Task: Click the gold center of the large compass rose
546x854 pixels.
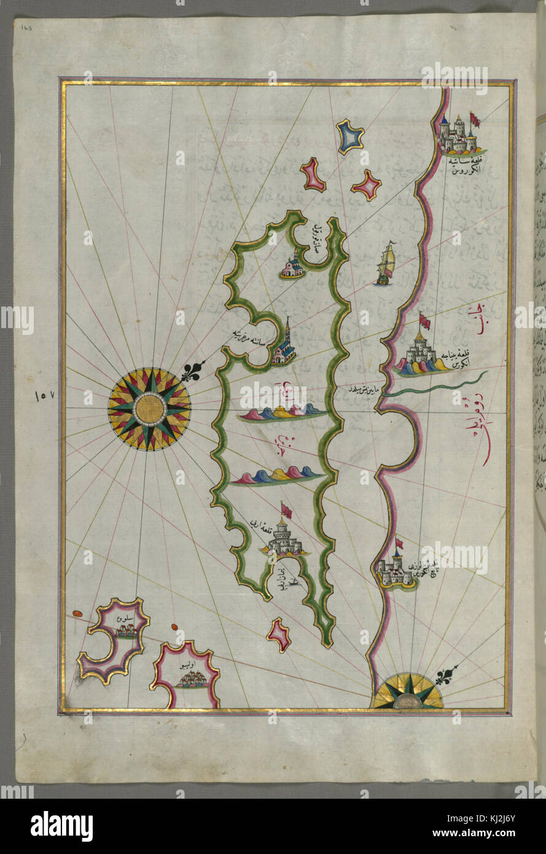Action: click(149, 409)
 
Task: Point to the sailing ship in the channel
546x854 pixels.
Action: click(385, 264)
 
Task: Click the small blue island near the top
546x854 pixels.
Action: click(350, 137)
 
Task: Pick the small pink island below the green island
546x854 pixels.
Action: click(279, 635)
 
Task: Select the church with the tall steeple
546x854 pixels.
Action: click(285, 345)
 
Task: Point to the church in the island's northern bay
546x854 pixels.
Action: click(291, 266)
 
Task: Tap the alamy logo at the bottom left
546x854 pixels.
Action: click(61, 825)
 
